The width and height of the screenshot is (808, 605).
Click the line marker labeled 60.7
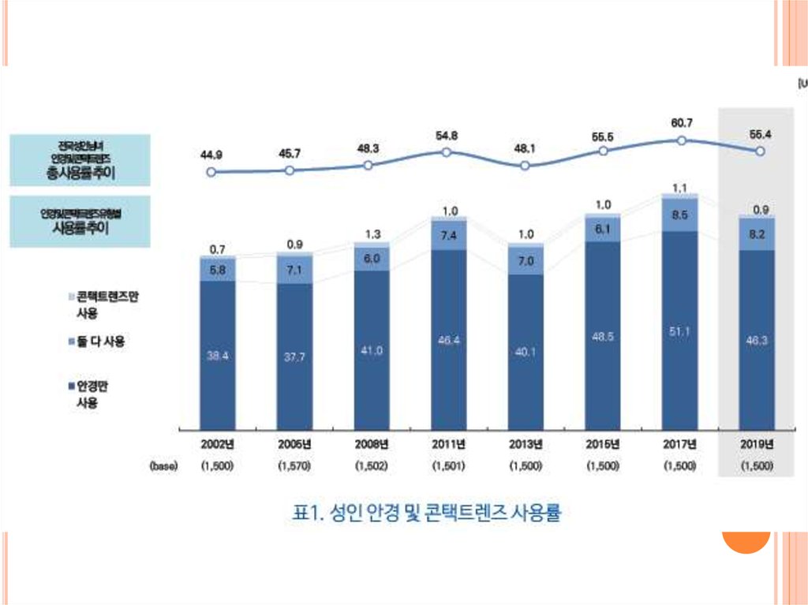pos(680,141)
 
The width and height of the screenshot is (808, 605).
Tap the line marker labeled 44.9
pos(210,172)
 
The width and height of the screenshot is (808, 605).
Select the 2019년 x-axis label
pos(757,443)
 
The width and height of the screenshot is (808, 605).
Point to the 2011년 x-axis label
pos(448,443)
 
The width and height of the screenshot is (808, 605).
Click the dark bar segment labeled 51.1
pos(680,331)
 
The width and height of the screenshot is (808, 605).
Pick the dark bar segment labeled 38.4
pos(218,355)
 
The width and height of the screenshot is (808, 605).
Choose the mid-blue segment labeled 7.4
pos(449,236)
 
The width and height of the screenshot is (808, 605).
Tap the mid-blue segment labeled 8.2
pos(757,234)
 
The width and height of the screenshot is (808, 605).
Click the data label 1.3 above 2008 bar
pos(371,234)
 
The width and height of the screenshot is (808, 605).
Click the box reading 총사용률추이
pos(80,160)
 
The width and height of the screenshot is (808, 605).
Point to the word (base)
pos(163,466)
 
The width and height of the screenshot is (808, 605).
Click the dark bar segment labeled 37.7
pos(294,357)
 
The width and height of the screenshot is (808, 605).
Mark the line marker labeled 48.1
pos(526,166)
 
